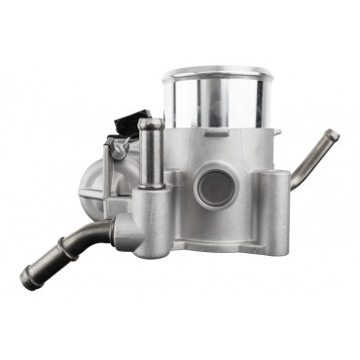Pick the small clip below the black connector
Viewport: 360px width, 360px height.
tap(119, 148)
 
